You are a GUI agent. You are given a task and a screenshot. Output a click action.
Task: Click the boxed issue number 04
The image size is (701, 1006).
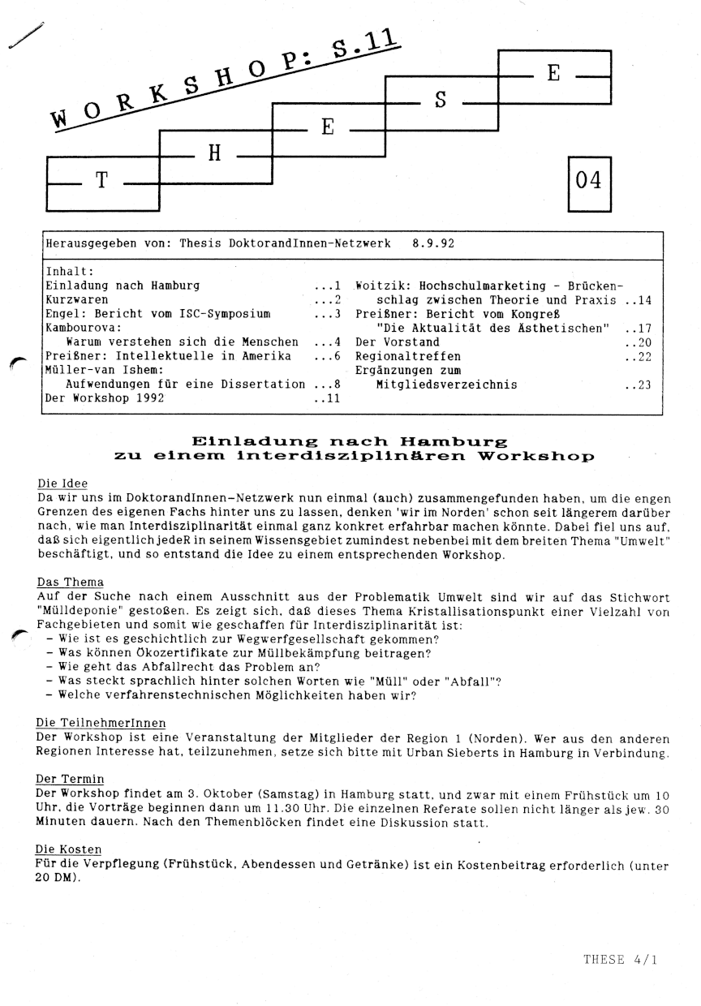point(588,181)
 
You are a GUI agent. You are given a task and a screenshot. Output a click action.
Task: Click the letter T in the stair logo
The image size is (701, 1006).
point(101,181)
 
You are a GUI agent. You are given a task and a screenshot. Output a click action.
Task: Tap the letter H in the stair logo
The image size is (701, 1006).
point(214,153)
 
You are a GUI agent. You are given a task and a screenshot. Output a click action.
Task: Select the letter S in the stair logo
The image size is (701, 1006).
point(441,101)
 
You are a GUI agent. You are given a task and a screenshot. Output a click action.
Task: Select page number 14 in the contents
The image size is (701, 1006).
point(644,300)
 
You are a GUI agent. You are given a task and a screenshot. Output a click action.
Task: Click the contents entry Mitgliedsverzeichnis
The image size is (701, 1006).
point(446,385)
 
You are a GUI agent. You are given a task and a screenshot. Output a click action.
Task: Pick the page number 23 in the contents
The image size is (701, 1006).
point(644,385)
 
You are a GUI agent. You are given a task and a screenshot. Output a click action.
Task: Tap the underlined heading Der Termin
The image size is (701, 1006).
point(71,777)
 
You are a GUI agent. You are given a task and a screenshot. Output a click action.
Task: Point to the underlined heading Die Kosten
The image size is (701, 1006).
point(70,849)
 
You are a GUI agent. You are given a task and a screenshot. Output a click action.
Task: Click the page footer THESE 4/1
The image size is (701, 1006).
point(620,959)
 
